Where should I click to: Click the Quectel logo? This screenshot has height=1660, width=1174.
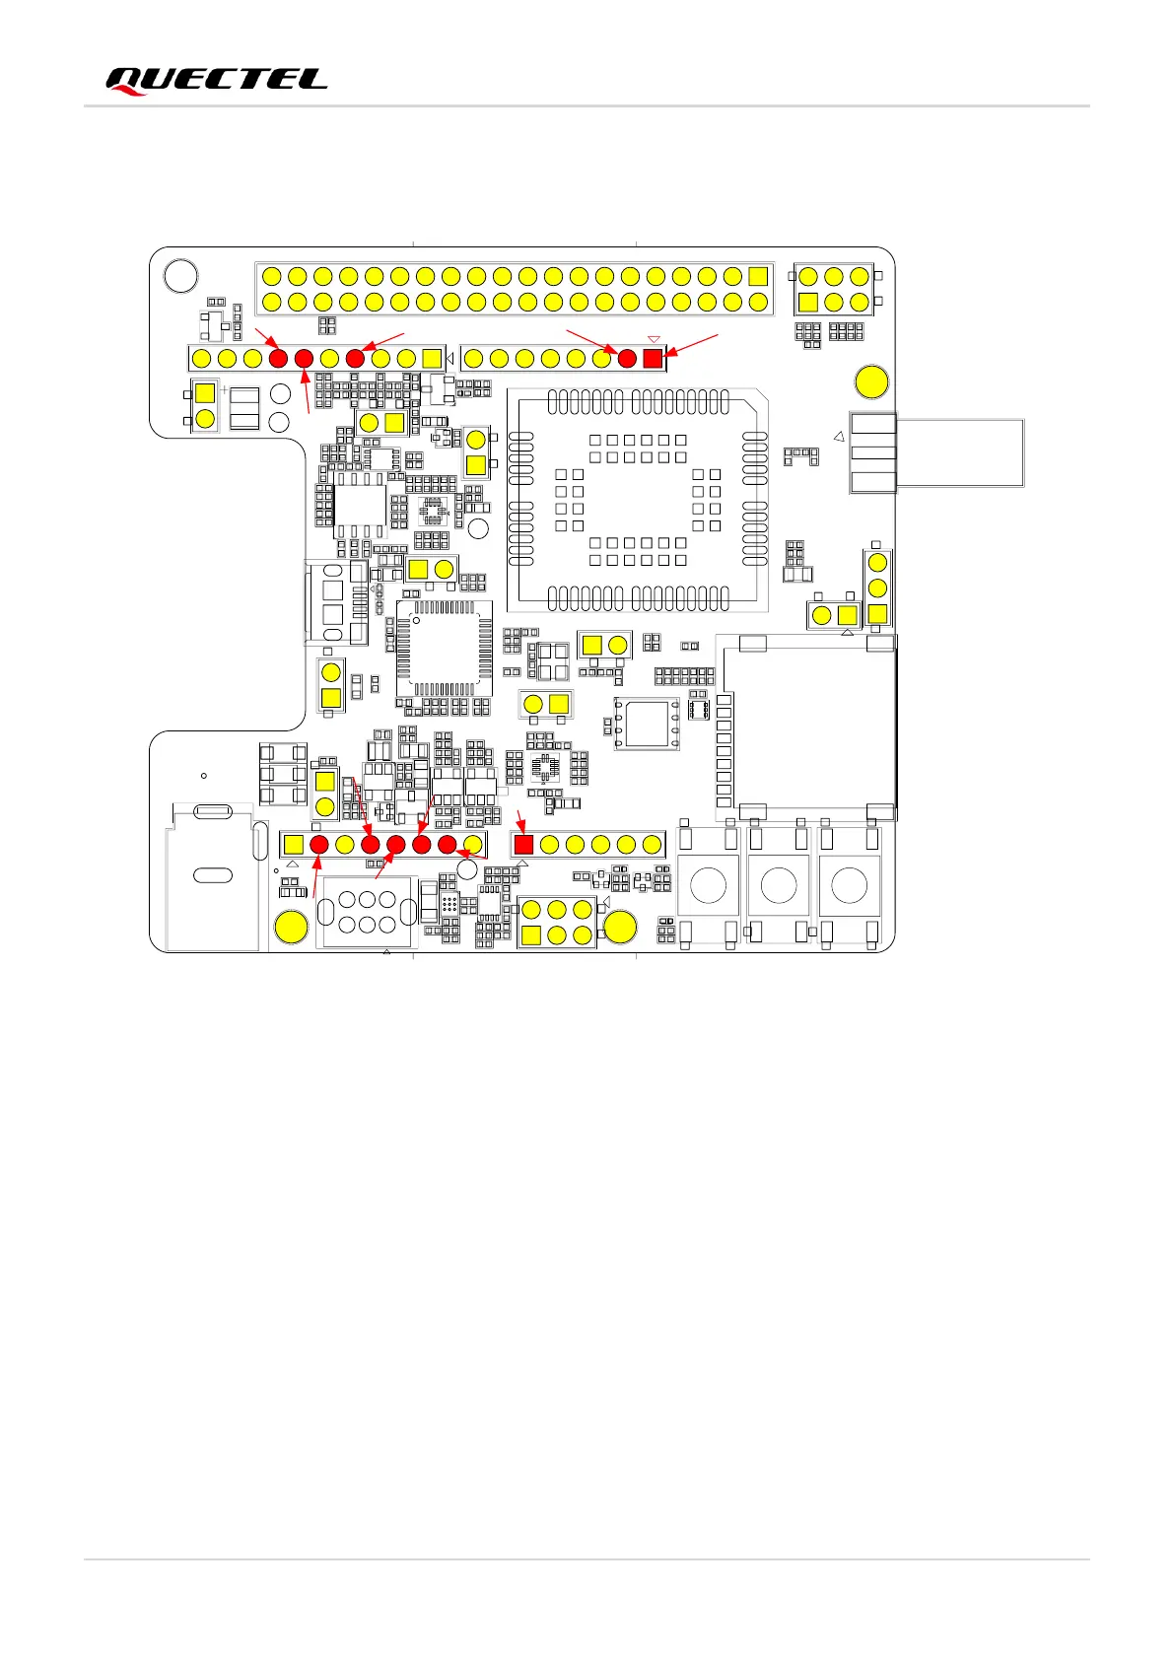pos(216,81)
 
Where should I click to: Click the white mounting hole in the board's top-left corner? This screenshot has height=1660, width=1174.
pos(180,276)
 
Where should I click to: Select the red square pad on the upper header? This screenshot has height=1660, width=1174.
pos(653,359)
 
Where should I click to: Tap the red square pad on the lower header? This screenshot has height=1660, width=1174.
pos(523,844)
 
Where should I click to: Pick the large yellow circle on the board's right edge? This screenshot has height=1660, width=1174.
pos(871,381)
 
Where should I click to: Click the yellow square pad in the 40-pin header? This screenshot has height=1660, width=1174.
pos(758,276)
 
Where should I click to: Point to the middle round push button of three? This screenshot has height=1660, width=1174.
pos(779,885)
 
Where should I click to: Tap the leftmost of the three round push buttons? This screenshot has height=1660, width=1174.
pos(708,885)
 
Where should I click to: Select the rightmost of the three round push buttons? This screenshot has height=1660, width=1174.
pos(850,885)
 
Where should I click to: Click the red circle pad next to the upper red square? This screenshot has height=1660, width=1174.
pos(627,359)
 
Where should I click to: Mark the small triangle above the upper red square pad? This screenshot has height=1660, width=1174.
pos(653,340)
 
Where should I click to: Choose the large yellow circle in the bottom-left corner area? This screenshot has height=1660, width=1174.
pos(291,927)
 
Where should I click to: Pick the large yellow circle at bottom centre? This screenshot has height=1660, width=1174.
pos(620,927)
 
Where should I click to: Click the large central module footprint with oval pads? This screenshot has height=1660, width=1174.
pos(637,500)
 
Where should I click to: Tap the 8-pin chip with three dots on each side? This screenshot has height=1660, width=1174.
pos(647,724)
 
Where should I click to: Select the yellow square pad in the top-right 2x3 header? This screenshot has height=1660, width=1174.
pos(808,303)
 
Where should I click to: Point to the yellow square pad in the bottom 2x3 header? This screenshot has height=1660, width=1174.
pos(531,934)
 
